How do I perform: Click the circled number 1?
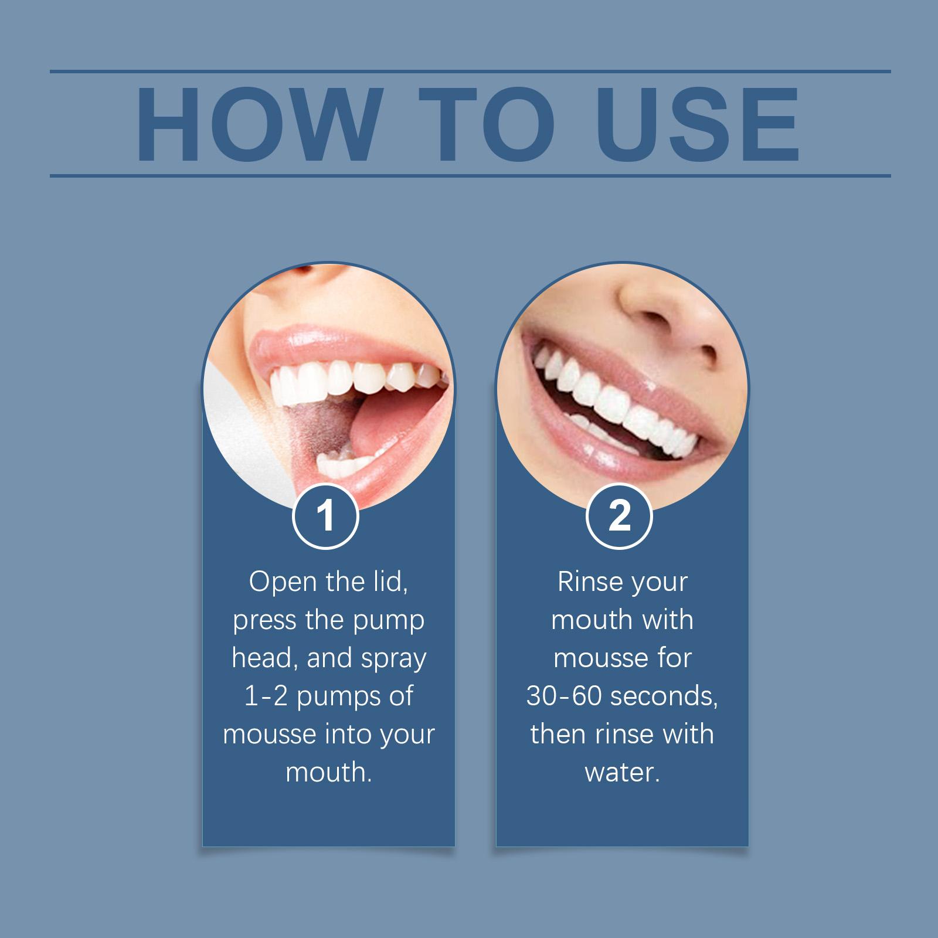coord(325,515)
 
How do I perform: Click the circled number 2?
coord(620,515)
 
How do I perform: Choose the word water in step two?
coord(622,773)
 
